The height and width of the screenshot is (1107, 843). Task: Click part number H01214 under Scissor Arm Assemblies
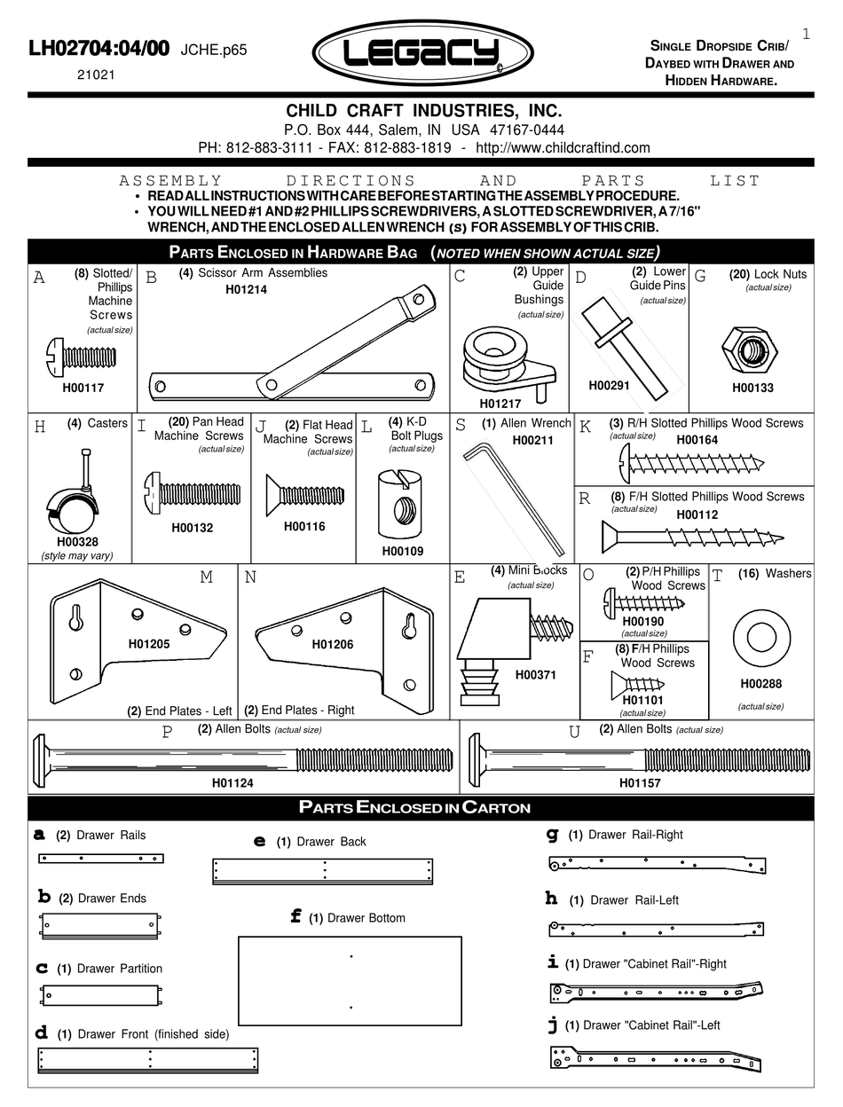(x=246, y=289)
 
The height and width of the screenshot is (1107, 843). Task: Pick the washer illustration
(x=761, y=637)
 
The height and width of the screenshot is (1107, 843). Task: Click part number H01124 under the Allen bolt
(x=232, y=783)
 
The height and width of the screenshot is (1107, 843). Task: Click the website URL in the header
(x=563, y=147)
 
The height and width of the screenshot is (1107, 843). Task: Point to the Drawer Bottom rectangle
(x=350, y=980)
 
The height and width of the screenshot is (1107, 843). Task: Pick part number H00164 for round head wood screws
(x=697, y=439)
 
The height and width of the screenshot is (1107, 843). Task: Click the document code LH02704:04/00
(x=98, y=50)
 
